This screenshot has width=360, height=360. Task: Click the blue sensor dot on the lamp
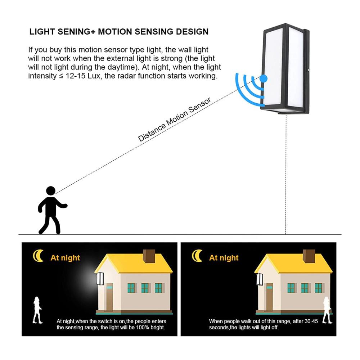click(264, 78)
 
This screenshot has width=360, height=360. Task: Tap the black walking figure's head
click(51, 191)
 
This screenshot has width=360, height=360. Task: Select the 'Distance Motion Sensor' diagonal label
click(174, 120)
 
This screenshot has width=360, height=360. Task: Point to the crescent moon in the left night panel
click(38, 256)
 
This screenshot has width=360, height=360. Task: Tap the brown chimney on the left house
click(149, 256)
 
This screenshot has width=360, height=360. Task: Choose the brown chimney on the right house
click(309, 256)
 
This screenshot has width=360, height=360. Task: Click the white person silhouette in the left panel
click(37, 310)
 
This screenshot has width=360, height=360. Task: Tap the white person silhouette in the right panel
click(327, 310)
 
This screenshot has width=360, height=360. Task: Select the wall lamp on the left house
click(100, 279)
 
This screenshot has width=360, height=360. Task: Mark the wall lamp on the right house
click(260, 279)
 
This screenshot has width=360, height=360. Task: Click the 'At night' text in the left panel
click(65, 258)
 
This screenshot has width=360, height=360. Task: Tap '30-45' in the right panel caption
click(311, 321)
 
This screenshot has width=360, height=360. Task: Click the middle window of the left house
click(145, 288)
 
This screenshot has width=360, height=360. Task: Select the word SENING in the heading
click(74, 32)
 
